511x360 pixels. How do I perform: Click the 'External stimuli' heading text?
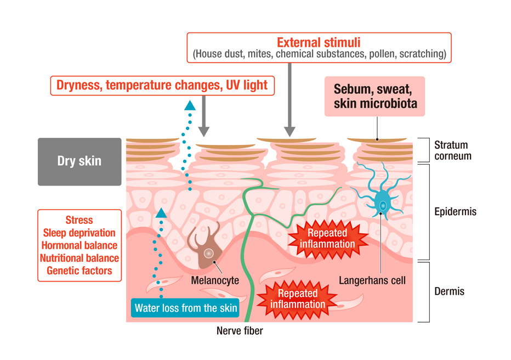pyautogui.click(x=319, y=42)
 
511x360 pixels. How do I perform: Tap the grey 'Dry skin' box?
pyautogui.click(x=80, y=161)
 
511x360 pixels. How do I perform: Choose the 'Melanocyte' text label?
pyautogui.click(x=215, y=280)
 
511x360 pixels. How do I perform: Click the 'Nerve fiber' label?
pyautogui.click(x=240, y=331)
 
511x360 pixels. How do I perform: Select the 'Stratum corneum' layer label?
pyautogui.click(x=452, y=150)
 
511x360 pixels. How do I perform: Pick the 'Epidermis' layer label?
pyautogui.click(x=455, y=211)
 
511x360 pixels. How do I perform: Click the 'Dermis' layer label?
pyautogui.click(x=449, y=291)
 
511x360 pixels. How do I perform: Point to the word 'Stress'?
pyautogui.click(x=79, y=220)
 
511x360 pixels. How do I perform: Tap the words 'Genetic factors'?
pyautogui.click(x=79, y=271)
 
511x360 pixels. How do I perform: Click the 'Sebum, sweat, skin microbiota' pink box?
pyautogui.click(x=374, y=96)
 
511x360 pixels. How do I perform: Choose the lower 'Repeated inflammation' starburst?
pyautogui.click(x=298, y=299)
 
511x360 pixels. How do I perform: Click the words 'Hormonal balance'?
pyautogui.click(x=79, y=245)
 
